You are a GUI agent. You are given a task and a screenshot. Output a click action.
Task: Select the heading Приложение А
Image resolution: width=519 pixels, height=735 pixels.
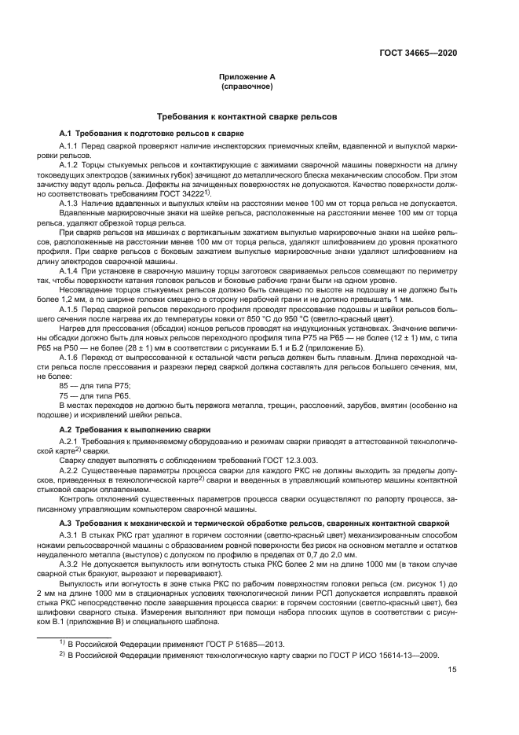247,76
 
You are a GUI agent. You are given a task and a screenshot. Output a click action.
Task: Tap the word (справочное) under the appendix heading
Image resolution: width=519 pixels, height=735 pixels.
247,86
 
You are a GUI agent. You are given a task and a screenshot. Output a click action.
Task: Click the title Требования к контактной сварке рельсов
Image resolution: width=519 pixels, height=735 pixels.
247,116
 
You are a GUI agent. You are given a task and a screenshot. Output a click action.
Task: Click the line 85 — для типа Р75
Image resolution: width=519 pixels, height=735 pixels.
95,384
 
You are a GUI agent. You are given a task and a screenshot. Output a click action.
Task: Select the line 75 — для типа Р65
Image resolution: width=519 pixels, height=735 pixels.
95,395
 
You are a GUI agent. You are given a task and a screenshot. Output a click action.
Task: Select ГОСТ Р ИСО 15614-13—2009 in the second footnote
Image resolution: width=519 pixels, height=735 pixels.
379,655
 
